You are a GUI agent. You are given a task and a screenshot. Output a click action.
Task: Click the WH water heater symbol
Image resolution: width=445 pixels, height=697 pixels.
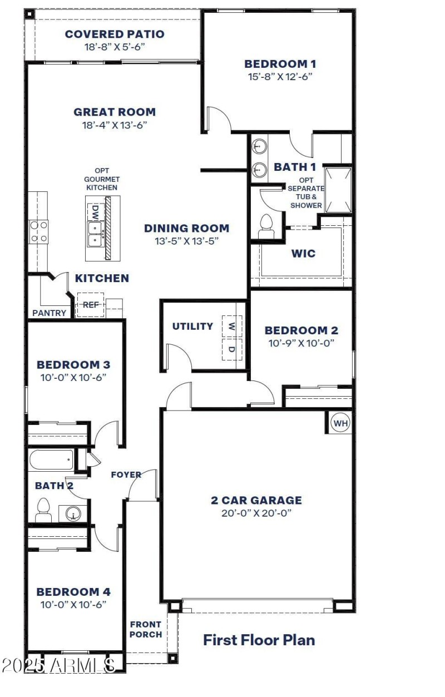(x=340, y=423)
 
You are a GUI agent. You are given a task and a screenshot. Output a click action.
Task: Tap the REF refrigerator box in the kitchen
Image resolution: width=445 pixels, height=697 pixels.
(x=90, y=305)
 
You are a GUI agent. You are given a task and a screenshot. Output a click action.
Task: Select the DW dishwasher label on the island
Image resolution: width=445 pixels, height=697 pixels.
(x=95, y=212)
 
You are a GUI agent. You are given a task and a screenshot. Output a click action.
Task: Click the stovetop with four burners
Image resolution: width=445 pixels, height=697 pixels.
(x=38, y=231)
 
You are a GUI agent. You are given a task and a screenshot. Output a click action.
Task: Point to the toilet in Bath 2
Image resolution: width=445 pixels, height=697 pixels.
(x=43, y=510)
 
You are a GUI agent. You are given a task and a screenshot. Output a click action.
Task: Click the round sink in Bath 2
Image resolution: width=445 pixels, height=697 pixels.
(x=73, y=513)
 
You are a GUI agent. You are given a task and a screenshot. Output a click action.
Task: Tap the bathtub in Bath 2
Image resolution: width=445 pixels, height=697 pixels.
(x=51, y=460)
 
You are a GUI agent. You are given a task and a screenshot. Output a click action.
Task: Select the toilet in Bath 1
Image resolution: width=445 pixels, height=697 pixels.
(x=266, y=226)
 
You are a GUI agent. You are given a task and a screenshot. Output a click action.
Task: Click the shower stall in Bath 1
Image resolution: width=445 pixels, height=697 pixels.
(x=338, y=189)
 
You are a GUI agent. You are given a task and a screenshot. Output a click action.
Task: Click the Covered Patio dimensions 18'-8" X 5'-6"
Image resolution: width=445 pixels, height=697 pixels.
(x=115, y=47)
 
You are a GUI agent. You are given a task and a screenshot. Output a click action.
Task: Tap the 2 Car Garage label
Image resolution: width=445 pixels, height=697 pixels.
(x=256, y=500)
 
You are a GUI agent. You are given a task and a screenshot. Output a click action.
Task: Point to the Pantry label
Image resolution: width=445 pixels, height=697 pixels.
(x=49, y=313)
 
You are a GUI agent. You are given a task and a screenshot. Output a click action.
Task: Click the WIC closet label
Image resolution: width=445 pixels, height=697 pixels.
(x=303, y=254)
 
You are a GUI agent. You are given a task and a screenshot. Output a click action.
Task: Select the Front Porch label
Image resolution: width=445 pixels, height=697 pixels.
(x=146, y=629)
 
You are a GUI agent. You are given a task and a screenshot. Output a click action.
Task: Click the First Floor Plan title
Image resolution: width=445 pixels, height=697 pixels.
(x=259, y=640)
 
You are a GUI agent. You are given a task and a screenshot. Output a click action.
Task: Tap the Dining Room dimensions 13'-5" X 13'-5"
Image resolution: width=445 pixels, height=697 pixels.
(x=186, y=241)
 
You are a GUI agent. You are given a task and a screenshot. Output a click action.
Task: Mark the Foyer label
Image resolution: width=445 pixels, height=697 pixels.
(x=126, y=474)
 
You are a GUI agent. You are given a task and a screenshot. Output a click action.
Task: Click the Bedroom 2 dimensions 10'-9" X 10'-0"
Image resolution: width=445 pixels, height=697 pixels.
(x=301, y=343)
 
